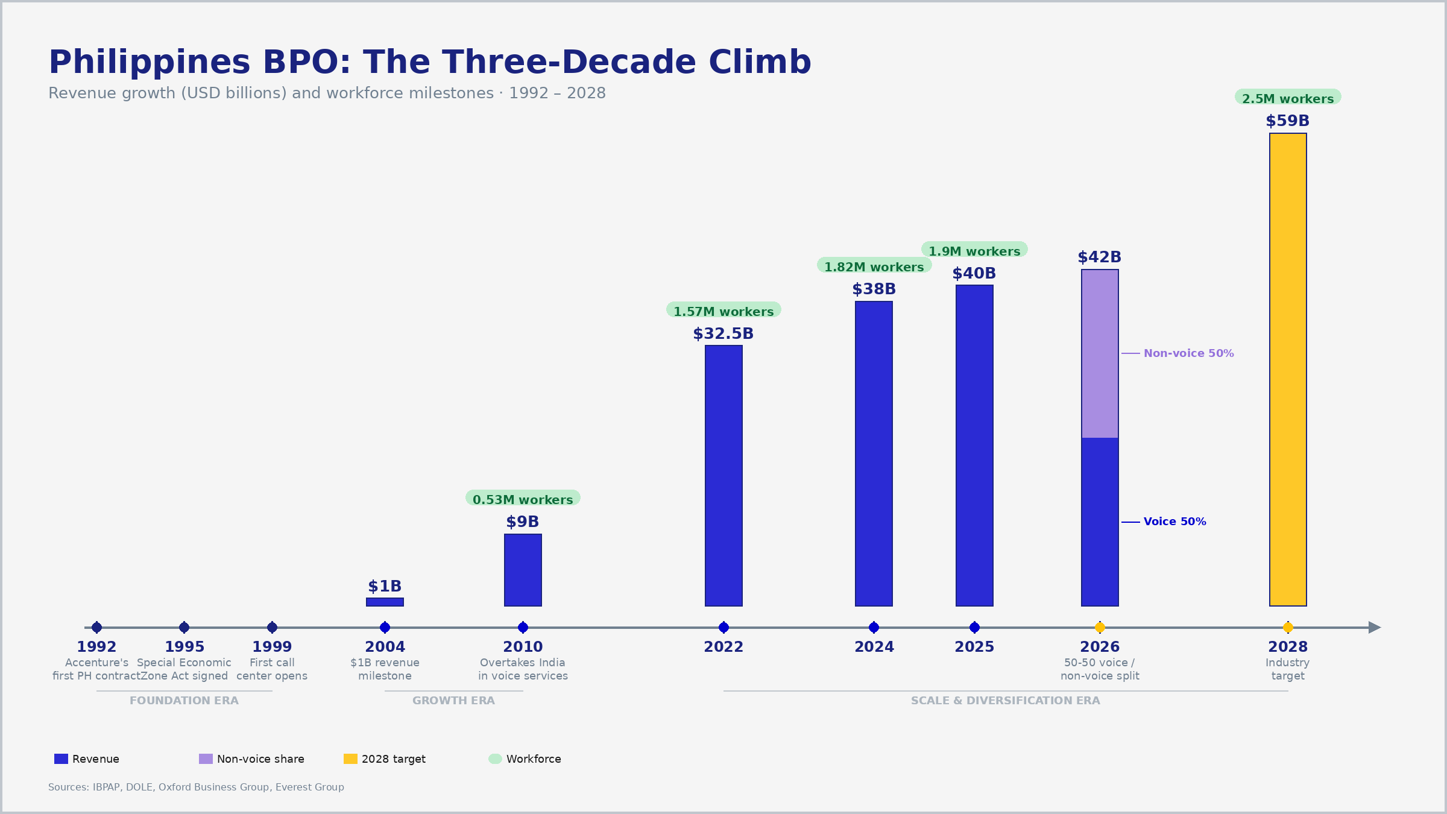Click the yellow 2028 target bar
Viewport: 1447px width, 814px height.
point(1288,369)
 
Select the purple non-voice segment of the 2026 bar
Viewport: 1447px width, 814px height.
point(1100,353)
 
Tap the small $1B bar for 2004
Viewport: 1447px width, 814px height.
point(385,602)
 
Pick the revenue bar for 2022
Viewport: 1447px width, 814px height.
point(723,475)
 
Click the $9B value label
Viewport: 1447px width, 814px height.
point(522,522)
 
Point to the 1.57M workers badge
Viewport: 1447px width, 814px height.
point(723,311)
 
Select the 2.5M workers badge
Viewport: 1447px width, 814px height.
point(1288,98)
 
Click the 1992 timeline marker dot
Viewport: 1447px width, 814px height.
point(96,627)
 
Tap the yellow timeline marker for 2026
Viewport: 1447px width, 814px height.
point(1100,627)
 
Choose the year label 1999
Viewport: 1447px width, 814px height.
point(272,647)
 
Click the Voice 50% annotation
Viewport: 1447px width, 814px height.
point(1174,522)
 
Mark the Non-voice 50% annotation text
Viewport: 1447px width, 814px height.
point(1188,353)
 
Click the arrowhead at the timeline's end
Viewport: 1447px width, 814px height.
point(1374,627)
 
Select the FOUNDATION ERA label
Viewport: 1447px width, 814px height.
point(184,701)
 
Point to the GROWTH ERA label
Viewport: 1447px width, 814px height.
point(453,701)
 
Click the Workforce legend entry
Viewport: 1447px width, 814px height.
point(533,759)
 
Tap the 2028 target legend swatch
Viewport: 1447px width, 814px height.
point(350,759)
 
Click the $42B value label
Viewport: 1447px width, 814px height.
point(1099,257)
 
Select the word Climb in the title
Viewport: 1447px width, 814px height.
point(760,62)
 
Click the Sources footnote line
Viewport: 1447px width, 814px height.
point(196,787)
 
